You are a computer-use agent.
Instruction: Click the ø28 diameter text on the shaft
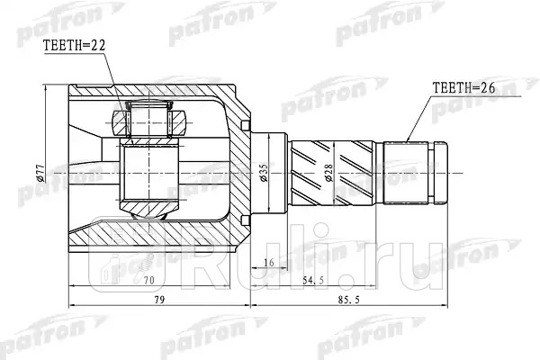(x=329, y=173)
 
